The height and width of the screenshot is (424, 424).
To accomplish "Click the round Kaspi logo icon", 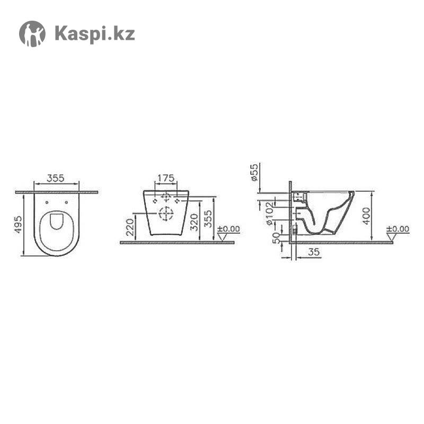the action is pyautogui.click(x=32, y=34).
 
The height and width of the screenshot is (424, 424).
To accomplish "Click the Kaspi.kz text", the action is pyautogui.click(x=95, y=34).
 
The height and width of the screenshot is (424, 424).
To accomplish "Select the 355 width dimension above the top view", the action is pyautogui.click(x=56, y=178).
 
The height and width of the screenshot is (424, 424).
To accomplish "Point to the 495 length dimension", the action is pyautogui.click(x=18, y=224).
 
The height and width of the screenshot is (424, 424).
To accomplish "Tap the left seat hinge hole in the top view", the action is pyautogui.click(x=47, y=202).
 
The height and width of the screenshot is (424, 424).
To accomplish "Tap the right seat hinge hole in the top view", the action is pyautogui.click(x=66, y=202).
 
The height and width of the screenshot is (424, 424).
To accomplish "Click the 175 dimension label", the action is pyautogui.click(x=166, y=178).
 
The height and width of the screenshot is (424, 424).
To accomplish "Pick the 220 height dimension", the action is pyautogui.click(x=130, y=227).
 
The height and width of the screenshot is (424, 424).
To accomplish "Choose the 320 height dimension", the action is pyautogui.click(x=194, y=222).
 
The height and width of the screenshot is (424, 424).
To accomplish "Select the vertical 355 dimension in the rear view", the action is pyautogui.click(x=208, y=219).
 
